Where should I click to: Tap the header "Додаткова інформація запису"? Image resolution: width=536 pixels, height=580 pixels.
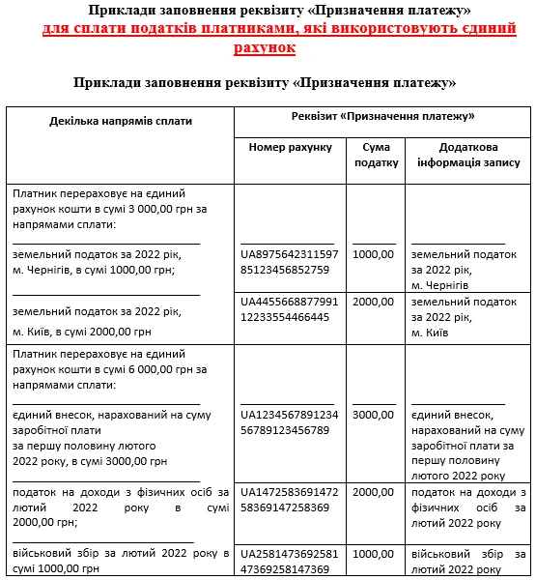[x=467, y=155]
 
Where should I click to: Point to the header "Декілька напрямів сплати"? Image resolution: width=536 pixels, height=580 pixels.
[x=121, y=122]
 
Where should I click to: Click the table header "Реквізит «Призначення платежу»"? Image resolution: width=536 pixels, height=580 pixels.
[x=382, y=117]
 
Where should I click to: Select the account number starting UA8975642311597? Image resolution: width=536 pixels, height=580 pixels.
[x=290, y=261]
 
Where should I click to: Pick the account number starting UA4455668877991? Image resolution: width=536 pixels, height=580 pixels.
[x=290, y=309]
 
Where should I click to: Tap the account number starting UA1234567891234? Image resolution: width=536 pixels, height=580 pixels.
[x=290, y=421]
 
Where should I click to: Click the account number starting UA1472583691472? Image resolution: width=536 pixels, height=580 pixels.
[x=290, y=500]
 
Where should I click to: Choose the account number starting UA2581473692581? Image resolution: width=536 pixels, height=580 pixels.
[x=290, y=562]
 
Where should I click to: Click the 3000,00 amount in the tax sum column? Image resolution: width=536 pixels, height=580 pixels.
[x=374, y=415]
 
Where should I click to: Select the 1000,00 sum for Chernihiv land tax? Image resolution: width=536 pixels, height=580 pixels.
[x=374, y=254]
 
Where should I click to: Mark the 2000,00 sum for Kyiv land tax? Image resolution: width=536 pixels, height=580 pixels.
[x=374, y=303]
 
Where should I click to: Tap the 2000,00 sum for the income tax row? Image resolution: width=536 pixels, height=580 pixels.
[x=374, y=493]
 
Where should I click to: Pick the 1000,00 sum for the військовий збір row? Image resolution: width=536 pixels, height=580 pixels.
[x=374, y=555]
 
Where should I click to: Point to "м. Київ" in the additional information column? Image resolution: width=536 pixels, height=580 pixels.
[x=431, y=333]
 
